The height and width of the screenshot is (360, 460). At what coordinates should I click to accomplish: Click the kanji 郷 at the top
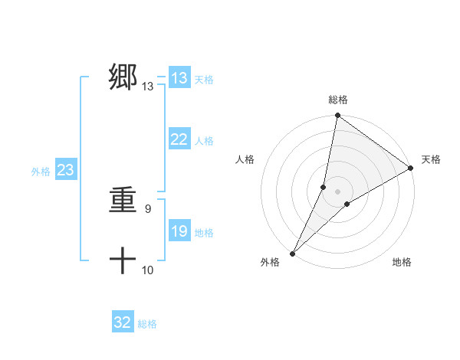123,78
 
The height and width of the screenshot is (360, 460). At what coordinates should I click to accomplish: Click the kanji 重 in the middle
123,201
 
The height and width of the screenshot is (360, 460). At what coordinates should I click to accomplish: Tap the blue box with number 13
179,78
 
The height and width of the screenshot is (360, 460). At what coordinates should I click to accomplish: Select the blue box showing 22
179,139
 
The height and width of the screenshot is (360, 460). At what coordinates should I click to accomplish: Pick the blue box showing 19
179,231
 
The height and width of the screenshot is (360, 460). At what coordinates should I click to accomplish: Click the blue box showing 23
65,170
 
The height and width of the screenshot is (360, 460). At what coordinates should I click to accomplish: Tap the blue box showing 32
123,322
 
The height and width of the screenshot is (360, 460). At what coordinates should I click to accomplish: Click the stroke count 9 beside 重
148,208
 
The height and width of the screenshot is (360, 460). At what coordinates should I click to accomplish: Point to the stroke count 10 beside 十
148,270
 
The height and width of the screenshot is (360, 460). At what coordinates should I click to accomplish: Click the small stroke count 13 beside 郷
148,87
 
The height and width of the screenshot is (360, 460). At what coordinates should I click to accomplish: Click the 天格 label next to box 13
204,79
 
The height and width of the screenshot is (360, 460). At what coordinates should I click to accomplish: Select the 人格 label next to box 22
204,140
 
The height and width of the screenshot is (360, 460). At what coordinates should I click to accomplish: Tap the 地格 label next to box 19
204,232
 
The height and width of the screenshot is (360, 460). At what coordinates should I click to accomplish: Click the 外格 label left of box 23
41,171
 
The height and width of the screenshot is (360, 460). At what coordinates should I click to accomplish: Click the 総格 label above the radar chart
337,100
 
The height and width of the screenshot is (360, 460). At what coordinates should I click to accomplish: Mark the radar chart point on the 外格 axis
292,253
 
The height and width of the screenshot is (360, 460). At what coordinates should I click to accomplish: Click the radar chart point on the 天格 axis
411,168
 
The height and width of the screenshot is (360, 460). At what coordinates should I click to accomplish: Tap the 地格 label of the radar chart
402,262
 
